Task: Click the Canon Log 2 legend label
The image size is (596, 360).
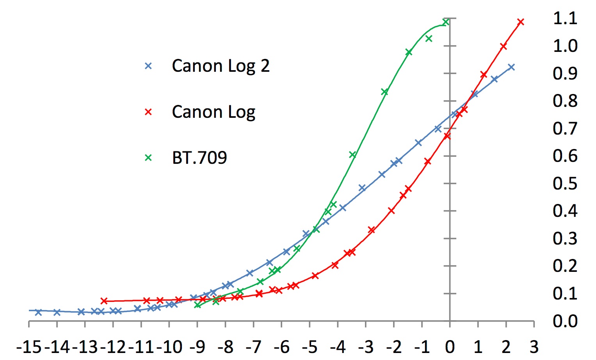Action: click(x=221, y=66)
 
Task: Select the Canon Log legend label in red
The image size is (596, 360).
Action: click(x=213, y=112)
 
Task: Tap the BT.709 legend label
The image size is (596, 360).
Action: click(x=199, y=158)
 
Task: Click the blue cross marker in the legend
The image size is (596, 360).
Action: click(x=148, y=66)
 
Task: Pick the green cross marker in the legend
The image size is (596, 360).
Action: click(x=148, y=158)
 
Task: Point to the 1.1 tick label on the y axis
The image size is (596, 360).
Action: click(x=565, y=18)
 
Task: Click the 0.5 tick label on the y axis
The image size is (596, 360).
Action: click(x=565, y=183)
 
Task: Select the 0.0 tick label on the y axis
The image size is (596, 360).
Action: click(x=565, y=321)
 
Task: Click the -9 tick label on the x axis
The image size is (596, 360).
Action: click(x=198, y=346)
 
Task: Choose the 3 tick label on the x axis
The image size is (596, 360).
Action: click(x=534, y=346)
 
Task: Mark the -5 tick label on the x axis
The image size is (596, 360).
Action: click(x=310, y=346)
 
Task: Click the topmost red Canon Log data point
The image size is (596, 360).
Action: click(x=520, y=22)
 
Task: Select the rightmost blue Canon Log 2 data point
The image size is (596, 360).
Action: click(x=511, y=67)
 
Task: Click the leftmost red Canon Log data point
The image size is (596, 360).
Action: click(x=104, y=301)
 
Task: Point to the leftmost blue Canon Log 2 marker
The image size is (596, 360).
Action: click(x=38, y=312)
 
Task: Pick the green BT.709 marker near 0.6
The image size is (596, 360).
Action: click(x=352, y=155)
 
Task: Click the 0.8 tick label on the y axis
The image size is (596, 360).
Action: click(x=565, y=101)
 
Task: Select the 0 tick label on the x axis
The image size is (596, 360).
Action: click(x=450, y=346)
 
